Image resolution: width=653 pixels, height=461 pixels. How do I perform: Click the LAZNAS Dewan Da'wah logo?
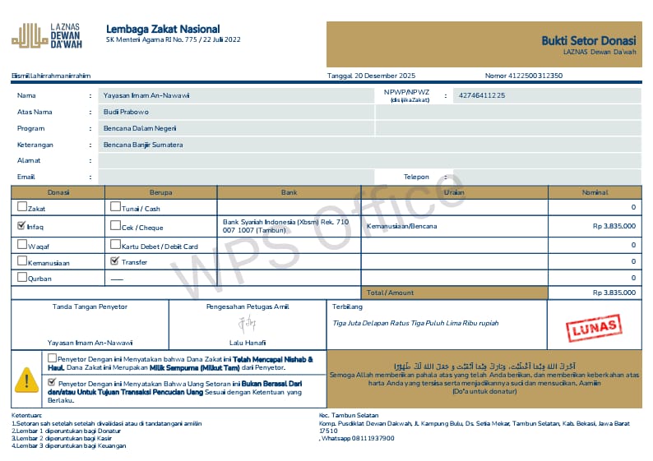[27, 35]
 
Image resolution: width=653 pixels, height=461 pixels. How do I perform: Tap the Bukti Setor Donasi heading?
[588, 40]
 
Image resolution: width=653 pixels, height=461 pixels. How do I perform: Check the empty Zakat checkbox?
[21, 209]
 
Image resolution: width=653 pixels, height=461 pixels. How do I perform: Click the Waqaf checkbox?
[21, 244]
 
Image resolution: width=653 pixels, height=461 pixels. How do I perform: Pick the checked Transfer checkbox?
[115, 261]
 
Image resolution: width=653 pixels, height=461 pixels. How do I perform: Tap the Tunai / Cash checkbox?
[115, 208]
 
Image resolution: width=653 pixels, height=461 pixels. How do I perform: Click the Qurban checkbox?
[21, 278]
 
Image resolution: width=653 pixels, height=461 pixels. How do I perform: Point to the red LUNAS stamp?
[591, 327]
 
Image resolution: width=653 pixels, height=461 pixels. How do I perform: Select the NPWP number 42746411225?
[482, 95]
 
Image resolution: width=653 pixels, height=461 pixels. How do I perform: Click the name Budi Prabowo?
[126, 112]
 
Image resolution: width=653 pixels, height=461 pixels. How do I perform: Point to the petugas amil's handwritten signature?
[247, 324]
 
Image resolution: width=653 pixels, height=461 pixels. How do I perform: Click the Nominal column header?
[595, 192]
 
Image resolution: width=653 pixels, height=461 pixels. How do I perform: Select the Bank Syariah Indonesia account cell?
[288, 226]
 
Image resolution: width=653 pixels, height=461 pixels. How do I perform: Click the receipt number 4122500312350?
[535, 76]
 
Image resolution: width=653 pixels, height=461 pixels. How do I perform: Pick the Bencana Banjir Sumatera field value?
[143, 145]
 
